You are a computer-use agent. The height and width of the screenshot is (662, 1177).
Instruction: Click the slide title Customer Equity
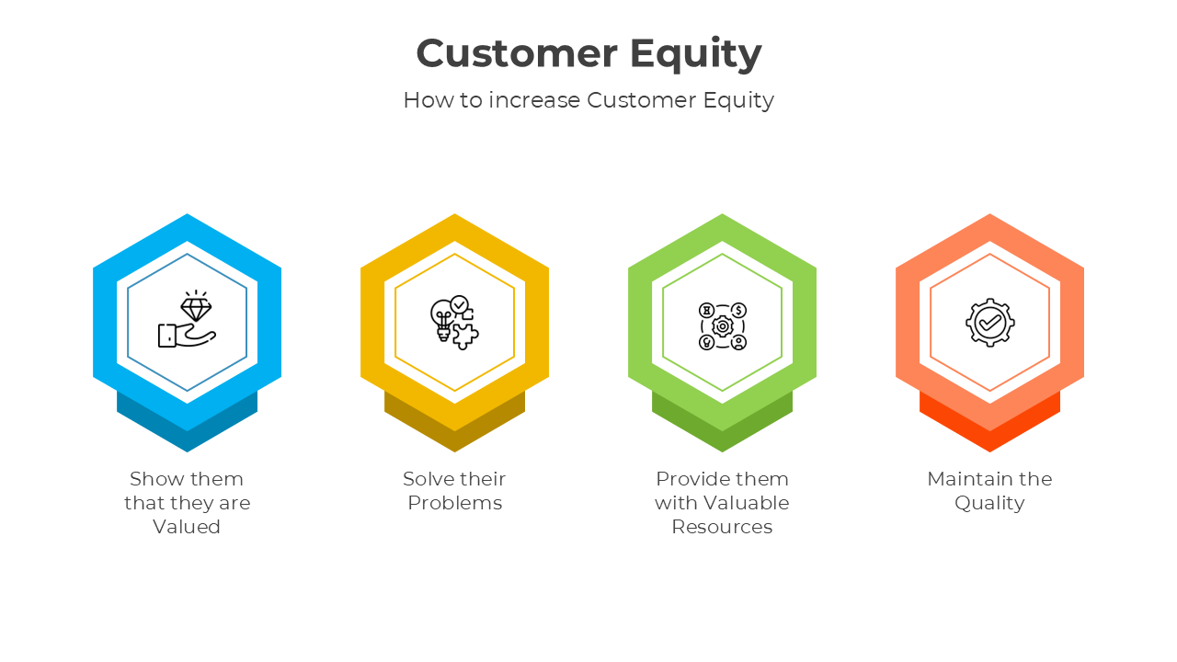(x=588, y=53)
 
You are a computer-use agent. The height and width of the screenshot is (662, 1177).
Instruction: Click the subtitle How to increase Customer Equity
(x=588, y=99)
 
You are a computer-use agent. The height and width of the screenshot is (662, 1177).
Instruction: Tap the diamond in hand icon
(x=187, y=321)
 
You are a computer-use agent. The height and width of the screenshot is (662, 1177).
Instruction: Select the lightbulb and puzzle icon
(x=454, y=323)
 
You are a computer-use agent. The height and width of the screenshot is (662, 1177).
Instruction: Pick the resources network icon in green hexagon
(x=722, y=325)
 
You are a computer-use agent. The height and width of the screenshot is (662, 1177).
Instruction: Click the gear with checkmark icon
(x=989, y=322)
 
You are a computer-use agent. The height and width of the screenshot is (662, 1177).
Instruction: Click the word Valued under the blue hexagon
(x=187, y=527)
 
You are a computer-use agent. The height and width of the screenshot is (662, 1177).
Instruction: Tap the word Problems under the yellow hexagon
(x=454, y=503)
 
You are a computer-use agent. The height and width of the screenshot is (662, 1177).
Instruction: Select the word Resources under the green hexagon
(x=722, y=527)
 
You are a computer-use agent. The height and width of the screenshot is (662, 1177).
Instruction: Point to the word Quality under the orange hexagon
(x=989, y=503)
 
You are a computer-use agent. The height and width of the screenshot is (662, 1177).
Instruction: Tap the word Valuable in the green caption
(x=746, y=503)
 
